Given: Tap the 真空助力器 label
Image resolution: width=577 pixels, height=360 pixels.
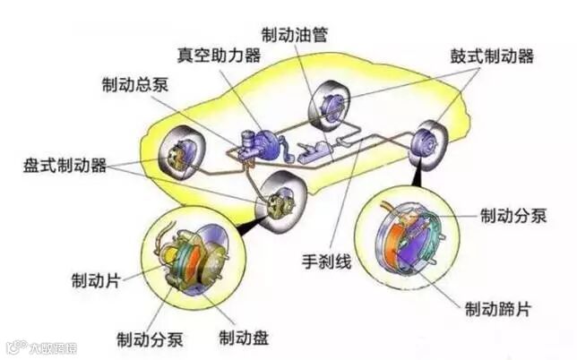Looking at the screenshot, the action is [x=219, y=56].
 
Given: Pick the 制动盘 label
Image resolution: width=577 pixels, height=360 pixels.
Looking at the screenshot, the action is [x=244, y=339].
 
